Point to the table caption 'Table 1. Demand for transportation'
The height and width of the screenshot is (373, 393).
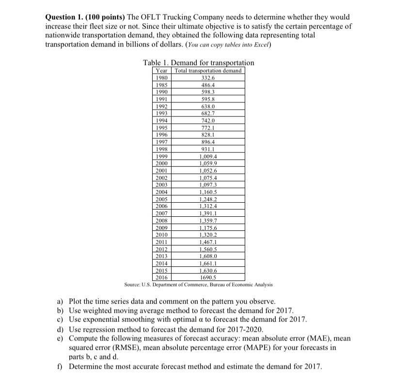click(198, 63)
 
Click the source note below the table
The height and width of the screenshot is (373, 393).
click(198, 284)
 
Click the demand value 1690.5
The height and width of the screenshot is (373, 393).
click(208, 278)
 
